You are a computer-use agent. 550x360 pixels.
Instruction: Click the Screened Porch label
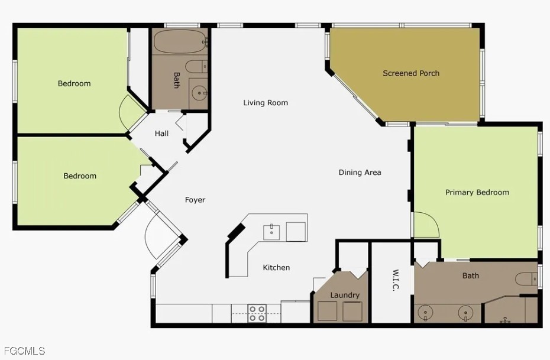tap(411, 73)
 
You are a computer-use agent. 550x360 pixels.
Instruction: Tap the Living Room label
tap(266, 103)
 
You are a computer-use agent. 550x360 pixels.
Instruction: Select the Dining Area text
tap(360, 173)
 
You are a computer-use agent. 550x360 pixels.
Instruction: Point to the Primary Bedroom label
tap(477, 193)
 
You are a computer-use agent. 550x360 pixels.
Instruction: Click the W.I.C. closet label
tap(395, 280)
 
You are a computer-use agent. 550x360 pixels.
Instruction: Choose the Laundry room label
tap(345, 295)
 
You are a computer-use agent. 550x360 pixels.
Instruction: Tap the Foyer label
tap(195, 200)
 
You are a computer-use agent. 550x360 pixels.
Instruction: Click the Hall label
tap(161, 134)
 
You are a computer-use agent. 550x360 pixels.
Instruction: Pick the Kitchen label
tap(276, 267)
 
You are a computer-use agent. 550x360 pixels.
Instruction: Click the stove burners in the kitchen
tap(257, 313)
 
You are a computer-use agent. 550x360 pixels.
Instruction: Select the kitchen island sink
tap(271, 232)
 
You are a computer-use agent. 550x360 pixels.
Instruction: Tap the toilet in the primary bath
tap(526, 279)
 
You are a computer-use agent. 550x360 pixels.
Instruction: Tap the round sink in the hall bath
tap(199, 93)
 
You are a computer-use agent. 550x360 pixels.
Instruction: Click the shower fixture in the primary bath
tap(505, 320)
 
